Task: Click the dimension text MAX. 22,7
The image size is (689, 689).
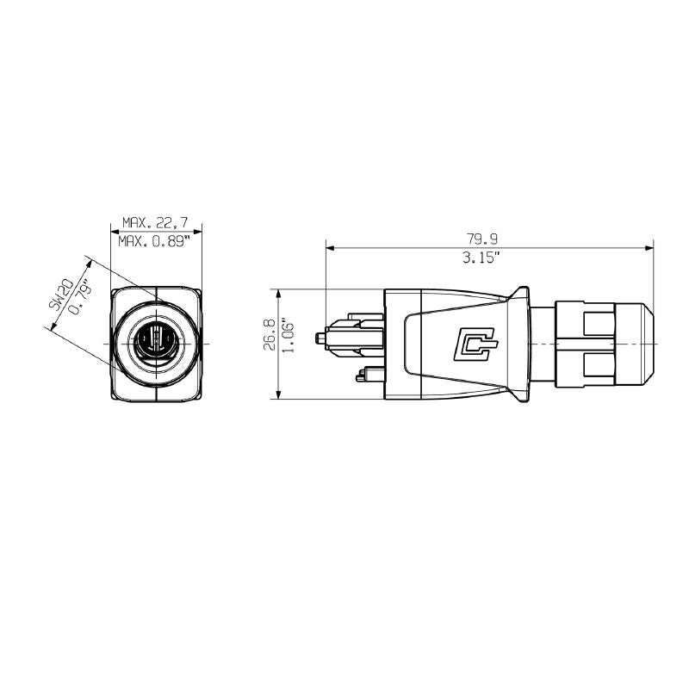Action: pyautogui.click(x=155, y=221)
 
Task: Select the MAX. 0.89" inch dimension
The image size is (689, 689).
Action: pyautogui.click(x=155, y=241)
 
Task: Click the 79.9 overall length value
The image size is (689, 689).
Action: pyautogui.click(x=488, y=239)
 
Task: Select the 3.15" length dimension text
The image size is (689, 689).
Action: pyautogui.click(x=488, y=258)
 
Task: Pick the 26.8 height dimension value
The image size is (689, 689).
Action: pyautogui.click(x=269, y=334)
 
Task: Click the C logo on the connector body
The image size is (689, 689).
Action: pyautogui.click(x=476, y=344)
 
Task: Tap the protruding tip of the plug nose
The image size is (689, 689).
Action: pyautogui.click(x=322, y=337)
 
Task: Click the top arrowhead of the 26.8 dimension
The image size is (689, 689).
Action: pyautogui.click(x=278, y=291)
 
